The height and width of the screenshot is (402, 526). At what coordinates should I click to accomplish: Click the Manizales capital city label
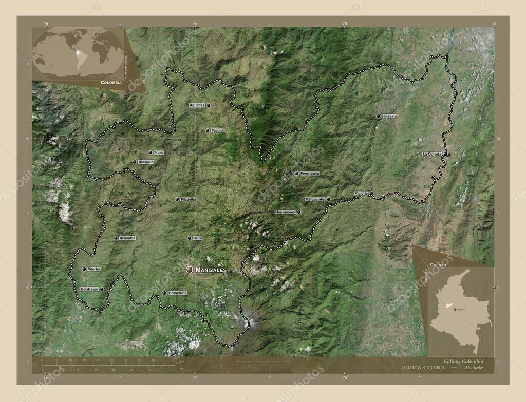tap(211, 270)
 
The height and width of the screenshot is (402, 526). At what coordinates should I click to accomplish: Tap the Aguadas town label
tap(197, 105)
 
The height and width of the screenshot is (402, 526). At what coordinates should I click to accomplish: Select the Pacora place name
tap(217, 131)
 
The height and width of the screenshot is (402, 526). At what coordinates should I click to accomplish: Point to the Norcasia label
tap(389, 117)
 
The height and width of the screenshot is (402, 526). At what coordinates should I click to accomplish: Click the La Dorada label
tap(431, 154)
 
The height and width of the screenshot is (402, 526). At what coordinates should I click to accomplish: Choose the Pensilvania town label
tap(310, 174)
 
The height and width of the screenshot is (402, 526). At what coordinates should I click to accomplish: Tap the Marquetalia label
tap(315, 199)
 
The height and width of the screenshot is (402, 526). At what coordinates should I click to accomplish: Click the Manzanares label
tap(285, 212)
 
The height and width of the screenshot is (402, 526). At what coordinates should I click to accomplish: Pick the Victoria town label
tap(361, 194)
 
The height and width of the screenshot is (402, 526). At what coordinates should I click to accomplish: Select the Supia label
tap(159, 152)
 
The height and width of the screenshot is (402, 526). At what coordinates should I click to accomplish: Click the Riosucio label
tap(146, 162)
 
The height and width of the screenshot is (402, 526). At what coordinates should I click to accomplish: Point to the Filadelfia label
tap(189, 199)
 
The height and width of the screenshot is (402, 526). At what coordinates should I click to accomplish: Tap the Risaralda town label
tap(127, 238)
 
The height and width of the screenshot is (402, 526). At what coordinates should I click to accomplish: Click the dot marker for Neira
tap(189, 238)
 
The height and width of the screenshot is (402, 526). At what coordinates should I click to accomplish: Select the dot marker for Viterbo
tap(84, 269)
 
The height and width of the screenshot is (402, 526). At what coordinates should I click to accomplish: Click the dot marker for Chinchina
tap(164, 293)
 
